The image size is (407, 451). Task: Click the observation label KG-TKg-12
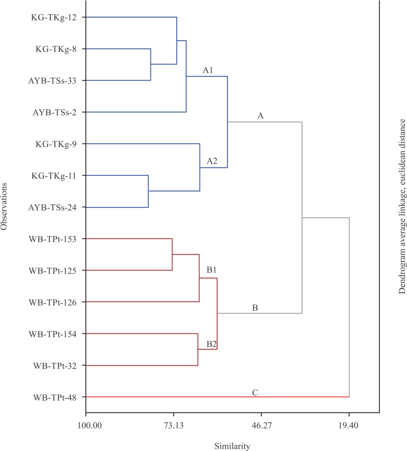54,18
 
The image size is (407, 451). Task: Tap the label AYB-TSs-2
54,112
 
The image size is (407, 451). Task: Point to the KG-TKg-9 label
56,144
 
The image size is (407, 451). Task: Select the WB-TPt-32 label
54,366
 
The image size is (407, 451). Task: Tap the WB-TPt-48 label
54,397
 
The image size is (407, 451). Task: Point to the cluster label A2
212,161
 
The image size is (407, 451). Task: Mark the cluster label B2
212,344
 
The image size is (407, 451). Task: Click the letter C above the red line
255,393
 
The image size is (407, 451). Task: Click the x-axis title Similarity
232,446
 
